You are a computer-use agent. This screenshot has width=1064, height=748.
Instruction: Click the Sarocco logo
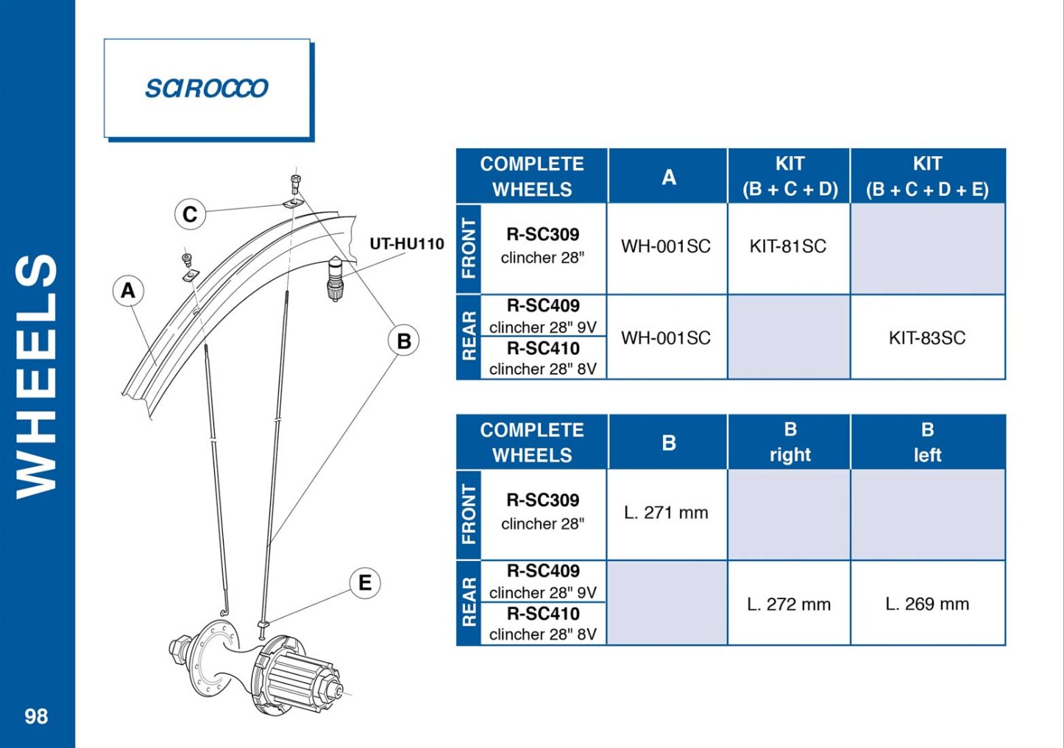pyautogui.click(x=207, y=88)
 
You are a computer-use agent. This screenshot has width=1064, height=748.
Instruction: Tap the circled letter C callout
pyautogui.click(x=190, y=214)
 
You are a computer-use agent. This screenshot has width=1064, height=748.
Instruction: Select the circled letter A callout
pyautogui.click(x=128, y=290)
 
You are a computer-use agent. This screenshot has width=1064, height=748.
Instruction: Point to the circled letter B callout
pyautogui.click(x=403, y=340)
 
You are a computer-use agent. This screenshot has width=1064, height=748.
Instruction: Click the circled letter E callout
pyautogui.click(x=365, y=582)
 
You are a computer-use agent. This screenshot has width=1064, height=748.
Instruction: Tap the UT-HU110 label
pyautogui.click(x=407, y=244)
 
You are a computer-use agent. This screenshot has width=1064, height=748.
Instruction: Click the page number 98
pyautogui.click(x=36, y=716)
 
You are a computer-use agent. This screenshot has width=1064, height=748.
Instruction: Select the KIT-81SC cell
pyautogui.click(x=788, y=246)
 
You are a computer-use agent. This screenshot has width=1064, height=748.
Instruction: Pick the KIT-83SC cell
pyautogui.click(x=927, y=338)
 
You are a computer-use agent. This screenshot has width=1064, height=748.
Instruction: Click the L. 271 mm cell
pyautogui.click(x=666, y=512)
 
